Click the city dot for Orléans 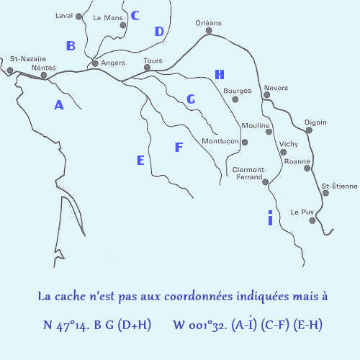coord(209,30)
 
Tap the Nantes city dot coord(44,76)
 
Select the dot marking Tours coord(147,68)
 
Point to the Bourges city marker coord(235,99)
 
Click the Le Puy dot coord(312,220)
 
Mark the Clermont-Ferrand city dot coord(265,182)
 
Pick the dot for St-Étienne coord(325,193)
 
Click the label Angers coord(113,63)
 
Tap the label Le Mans coord(108,18)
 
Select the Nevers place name coord(276,88)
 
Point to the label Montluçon coord(220,141)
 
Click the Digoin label coord(315,122)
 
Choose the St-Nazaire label coord(28,59)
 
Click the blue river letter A coord(59,105)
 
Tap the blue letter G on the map coord(191,99)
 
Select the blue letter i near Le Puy coord(270,217)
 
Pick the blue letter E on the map coord(140,160)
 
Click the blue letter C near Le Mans coord(135,16)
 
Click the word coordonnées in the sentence coord(199,297)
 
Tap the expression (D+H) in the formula coord(135,325)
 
